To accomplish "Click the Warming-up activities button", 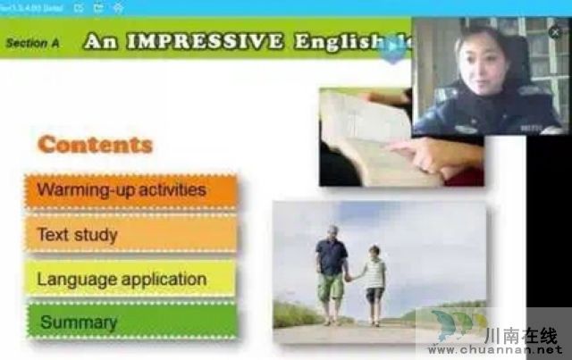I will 130,190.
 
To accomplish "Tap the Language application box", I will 130,279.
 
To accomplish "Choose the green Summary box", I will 130,322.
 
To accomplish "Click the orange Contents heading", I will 95,145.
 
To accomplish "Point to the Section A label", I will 32,42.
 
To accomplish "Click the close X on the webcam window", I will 555,31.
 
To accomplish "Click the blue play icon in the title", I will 391,48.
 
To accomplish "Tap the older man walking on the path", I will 331,268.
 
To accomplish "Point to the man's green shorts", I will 331,286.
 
